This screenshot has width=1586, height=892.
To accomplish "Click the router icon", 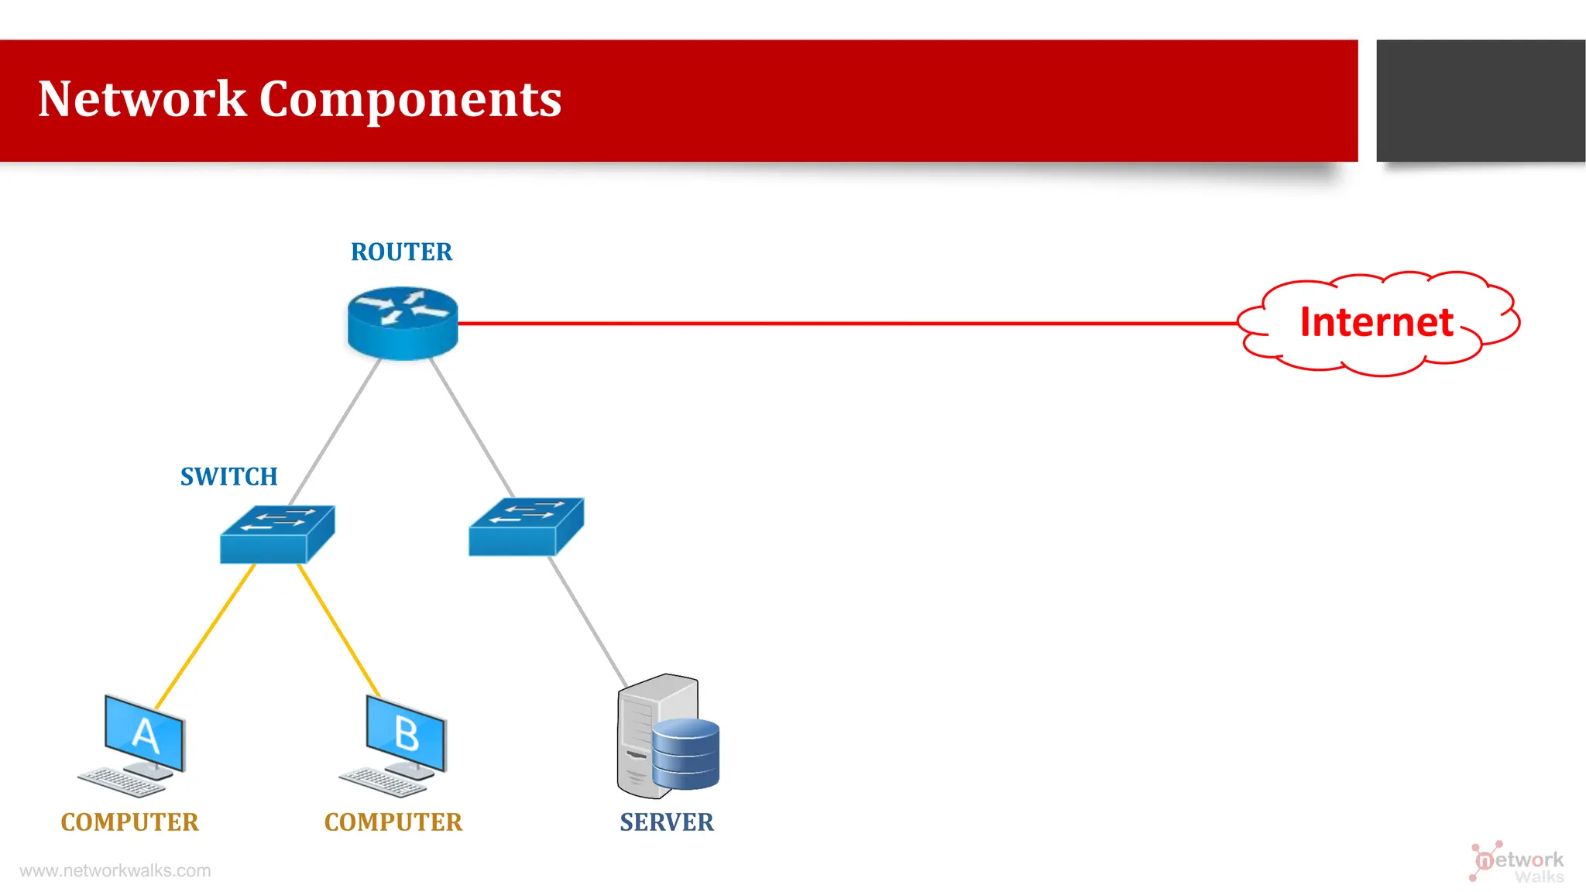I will [x=403, y=323].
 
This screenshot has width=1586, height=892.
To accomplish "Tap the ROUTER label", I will [x=401, y=252].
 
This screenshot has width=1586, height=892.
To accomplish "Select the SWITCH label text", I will [x=228, y=477].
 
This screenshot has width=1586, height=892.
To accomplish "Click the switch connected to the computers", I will [x=277, y=534].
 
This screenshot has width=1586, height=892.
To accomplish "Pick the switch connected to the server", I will [x=526, y=527].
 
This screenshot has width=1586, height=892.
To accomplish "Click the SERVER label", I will [x=667, y=822].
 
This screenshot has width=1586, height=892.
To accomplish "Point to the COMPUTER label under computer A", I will [x=130, y=822].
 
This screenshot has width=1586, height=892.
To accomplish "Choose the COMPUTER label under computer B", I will [x=393, y=822].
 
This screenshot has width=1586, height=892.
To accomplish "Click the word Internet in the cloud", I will [x=1376, y=322].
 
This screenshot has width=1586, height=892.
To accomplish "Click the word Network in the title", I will [x=142, y=99].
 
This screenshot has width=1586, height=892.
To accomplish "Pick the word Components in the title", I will [x=410, y=99].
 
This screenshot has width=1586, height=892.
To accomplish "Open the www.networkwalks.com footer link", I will [x=115, y=871].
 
